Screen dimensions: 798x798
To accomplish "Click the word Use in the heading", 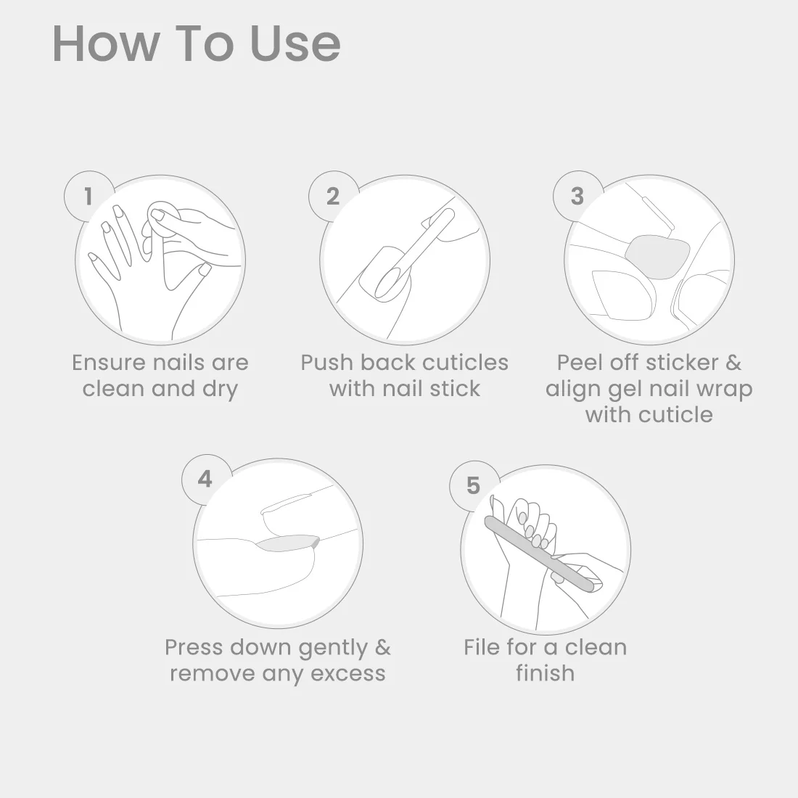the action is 296,44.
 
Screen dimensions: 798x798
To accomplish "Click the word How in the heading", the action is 105,44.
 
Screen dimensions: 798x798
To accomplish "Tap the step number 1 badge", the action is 89,196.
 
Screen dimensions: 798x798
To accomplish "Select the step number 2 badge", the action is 334,196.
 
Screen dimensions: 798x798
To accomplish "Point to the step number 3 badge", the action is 577,196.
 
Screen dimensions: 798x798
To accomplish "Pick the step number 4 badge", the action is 205,479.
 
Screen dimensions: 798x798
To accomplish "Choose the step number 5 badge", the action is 474,485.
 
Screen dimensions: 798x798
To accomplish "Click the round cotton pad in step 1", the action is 163,218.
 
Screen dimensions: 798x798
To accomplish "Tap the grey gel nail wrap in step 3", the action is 657,257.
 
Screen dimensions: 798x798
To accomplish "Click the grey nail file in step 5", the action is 540,554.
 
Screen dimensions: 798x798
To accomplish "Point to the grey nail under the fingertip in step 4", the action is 288,543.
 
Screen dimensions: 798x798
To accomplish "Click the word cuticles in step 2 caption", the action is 465,362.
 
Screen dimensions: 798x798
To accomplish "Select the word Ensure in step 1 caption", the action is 110,363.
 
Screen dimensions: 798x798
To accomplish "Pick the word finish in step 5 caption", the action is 545,672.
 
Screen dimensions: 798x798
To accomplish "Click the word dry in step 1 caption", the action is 221,390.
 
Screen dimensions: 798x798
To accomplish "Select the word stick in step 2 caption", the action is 454,388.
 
